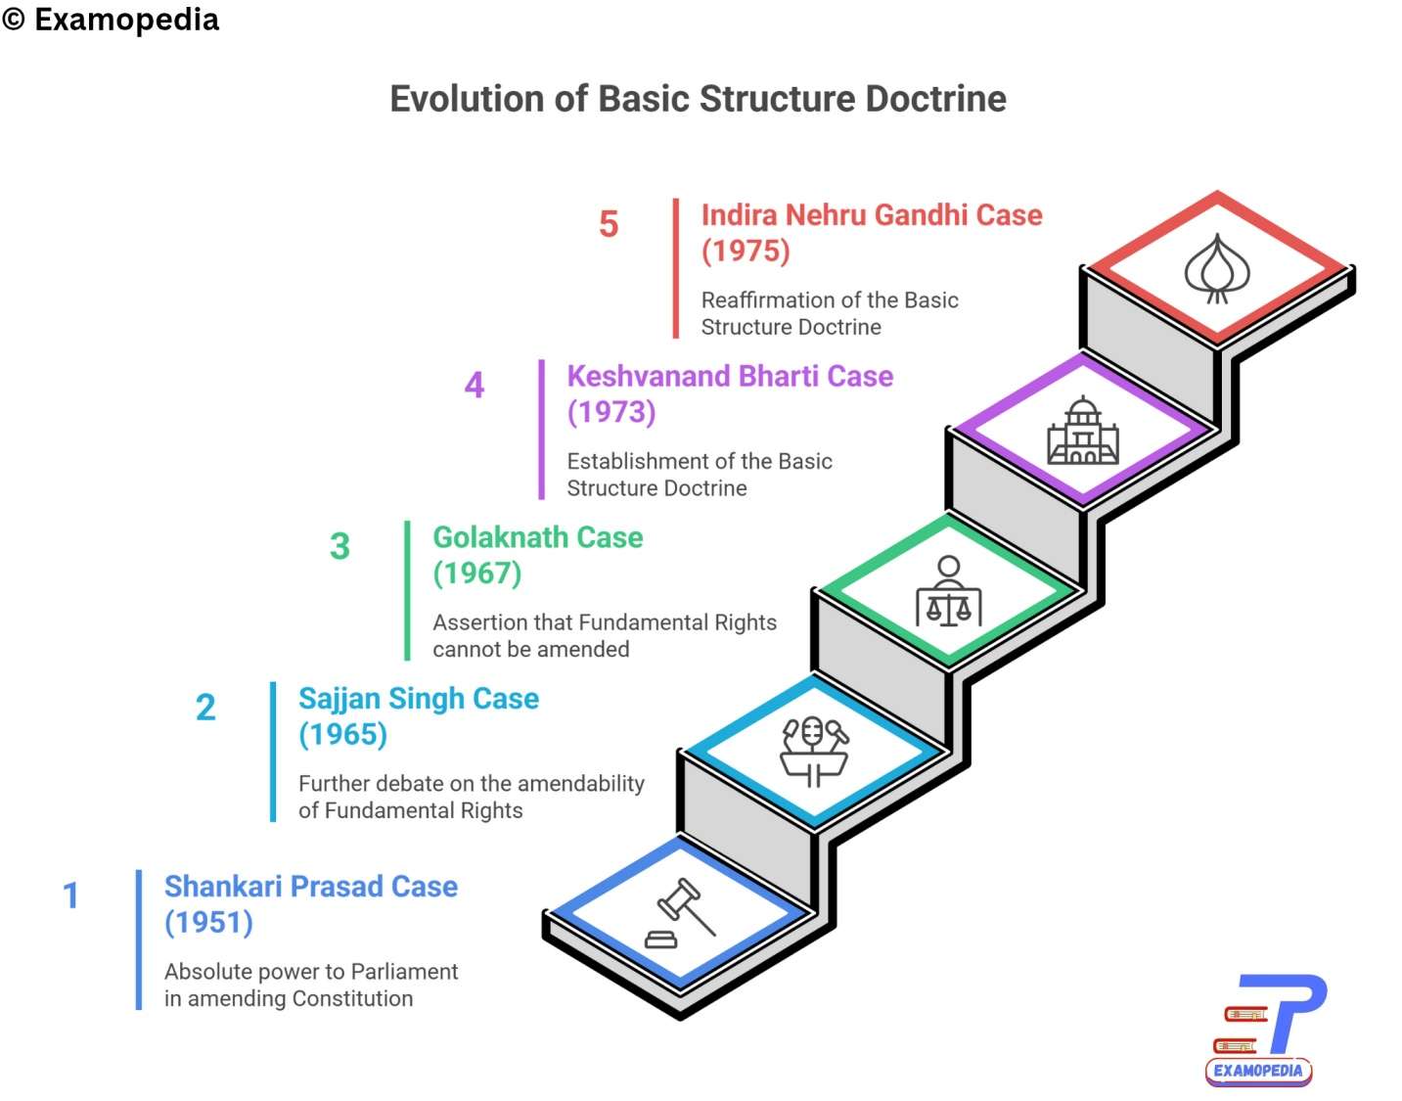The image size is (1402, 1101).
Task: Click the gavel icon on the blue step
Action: (680, 914)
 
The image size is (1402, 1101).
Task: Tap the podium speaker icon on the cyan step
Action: (814, 751)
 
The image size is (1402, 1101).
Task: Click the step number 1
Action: (70, 895)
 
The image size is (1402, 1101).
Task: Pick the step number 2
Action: (205, 708)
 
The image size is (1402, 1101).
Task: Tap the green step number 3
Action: (339, 546)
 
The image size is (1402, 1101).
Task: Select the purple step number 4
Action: (475, 385)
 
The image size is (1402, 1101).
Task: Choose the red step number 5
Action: (609, 224)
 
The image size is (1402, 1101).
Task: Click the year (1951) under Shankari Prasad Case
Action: (208, 922)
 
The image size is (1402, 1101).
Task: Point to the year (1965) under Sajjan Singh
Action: (342, 734)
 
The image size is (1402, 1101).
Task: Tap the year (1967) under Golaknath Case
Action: (477, 573)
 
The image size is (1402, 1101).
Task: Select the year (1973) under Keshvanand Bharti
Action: (611, 411)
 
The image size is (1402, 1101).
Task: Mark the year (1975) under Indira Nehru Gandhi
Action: (746, 251)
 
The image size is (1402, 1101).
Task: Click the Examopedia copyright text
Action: (111, 20)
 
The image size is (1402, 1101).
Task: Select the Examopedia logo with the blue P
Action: (1263, 1028)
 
